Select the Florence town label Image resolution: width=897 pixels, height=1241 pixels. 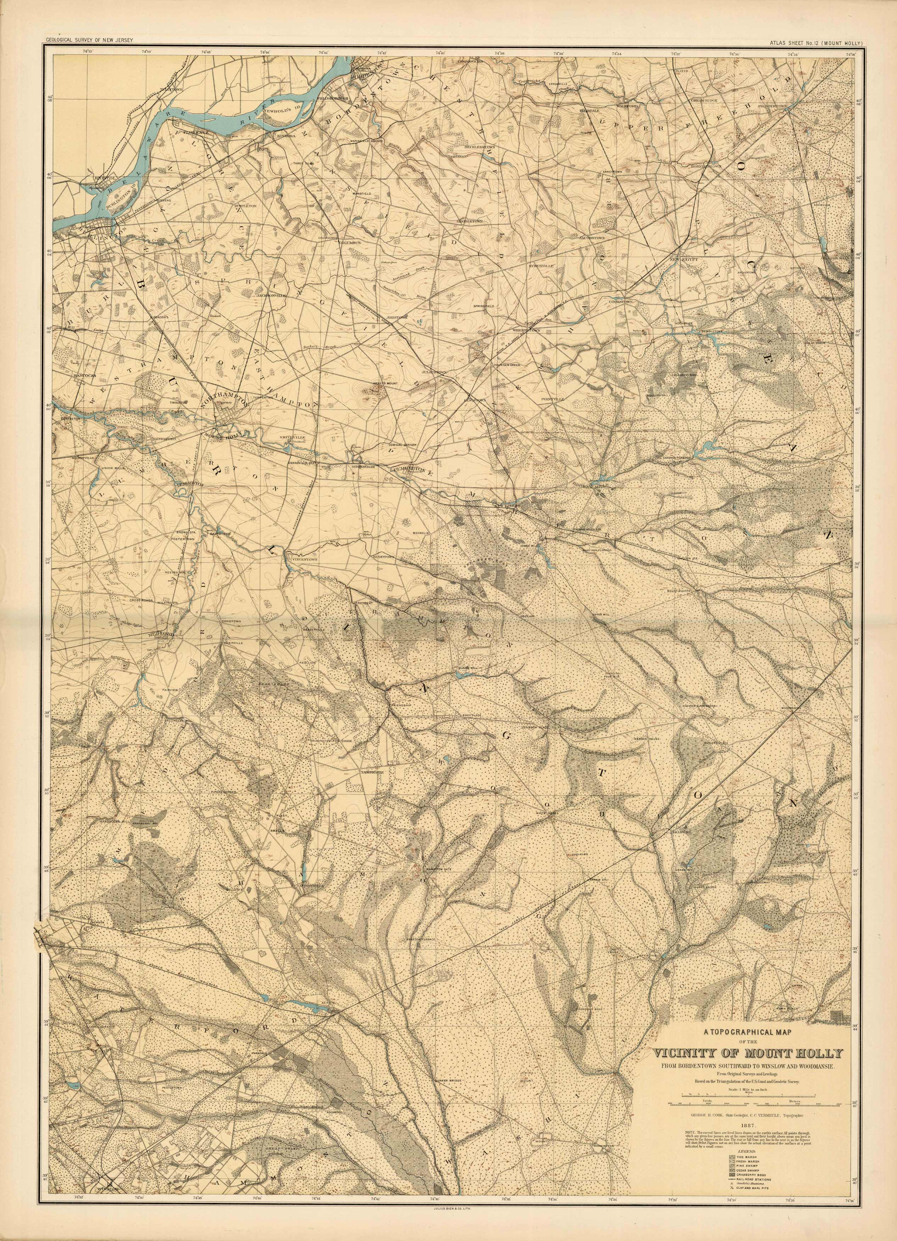coord(196,132)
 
